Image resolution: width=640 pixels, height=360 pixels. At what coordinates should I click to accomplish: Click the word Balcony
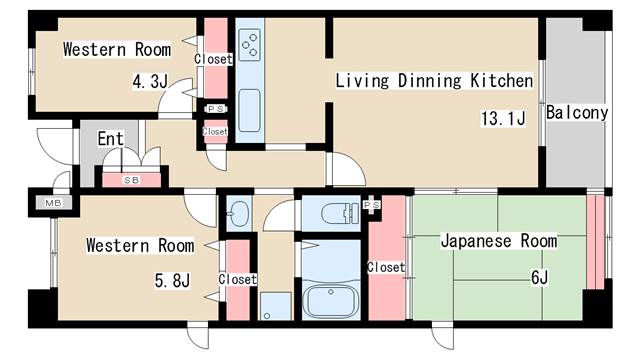(x=577, y=113)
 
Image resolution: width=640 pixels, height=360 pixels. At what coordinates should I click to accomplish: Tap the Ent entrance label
(x=110, y=139)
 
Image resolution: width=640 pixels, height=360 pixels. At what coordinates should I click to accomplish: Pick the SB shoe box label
(x=131, y=180)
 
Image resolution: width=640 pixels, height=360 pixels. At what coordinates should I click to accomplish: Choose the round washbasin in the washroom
(x=240, y=213)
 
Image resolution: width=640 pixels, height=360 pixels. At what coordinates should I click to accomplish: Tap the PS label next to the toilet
(x=373, y=205)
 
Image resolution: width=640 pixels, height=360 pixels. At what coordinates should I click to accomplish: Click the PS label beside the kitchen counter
(x=215, y=109)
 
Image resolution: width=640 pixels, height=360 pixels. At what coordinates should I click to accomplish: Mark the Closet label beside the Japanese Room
(x=386, y=267)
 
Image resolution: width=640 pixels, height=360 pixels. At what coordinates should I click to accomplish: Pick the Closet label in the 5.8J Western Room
(x=237, y=279)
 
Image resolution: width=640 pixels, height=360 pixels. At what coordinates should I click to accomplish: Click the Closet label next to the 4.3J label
(x=213, y=59)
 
